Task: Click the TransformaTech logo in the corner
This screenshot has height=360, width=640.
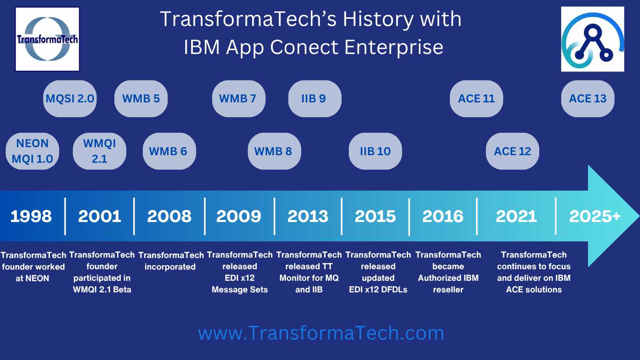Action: [x=48, y=39]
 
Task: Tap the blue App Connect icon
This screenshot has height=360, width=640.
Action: [x=592, y=39]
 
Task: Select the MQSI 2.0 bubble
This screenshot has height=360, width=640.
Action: [x=70, y=98]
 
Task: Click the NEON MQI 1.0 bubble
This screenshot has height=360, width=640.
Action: [x=32, y=151]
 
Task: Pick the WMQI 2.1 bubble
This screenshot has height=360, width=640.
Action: [x=100, y=151]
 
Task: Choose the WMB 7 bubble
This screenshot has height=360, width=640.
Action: [x=238, y=98]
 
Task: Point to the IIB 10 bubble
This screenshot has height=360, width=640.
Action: [x=375, y=151]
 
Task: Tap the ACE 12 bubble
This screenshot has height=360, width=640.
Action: [x=512, y=151]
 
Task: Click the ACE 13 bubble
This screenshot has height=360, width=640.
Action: [x=588, y=98]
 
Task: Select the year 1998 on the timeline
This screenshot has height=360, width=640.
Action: [x=31, y=216]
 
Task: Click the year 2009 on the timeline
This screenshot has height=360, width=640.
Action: [x=238, y=216]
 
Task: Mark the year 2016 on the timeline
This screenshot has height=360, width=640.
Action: [x=443, y=216]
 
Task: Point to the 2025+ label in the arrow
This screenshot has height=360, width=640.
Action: [x=595, y=216]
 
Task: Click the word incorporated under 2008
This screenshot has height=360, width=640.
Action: [x=170, y=267]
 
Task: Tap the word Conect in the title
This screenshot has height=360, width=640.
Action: [x=304, y=47]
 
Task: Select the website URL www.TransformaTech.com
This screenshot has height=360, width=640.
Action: [x=321, y=333]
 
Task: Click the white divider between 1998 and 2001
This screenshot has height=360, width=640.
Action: [x=65, y=216]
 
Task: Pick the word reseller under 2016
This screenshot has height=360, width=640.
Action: [x=448, y=290]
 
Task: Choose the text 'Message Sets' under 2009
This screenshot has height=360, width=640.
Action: [x=240, y=290]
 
